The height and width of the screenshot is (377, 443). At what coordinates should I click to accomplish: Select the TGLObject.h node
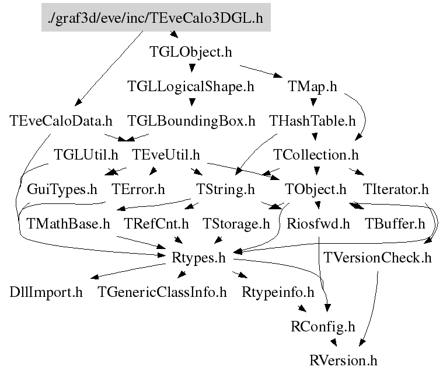coord(191,53)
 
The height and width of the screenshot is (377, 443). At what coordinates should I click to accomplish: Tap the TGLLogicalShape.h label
coord(191,87)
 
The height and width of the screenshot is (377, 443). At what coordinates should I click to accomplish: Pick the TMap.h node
coord(312,87)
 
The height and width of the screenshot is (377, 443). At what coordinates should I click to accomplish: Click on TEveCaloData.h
coord(61,122)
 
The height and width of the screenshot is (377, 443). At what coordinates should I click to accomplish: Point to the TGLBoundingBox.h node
coord(191,122)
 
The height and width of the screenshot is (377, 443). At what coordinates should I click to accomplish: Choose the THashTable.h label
coord(312,122)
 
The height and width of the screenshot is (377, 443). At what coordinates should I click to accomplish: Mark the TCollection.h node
coord(316,155)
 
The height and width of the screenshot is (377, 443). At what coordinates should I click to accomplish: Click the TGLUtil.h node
coord(86,155)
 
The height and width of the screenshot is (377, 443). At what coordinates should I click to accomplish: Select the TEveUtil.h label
coord(166,155)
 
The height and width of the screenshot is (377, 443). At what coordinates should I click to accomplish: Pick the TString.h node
coord(224,190)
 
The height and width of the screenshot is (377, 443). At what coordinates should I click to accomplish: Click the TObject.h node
coord(316,190)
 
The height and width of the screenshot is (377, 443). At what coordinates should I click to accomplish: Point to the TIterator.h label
coord(396,190)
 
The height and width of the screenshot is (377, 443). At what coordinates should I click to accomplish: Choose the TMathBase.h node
coord(68,224)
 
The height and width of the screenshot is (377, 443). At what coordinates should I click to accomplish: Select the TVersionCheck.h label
coord(378,258)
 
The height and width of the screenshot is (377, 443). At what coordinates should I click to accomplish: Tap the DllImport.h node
coord(46,292)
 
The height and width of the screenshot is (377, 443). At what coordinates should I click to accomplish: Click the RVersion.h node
coord(343,360)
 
